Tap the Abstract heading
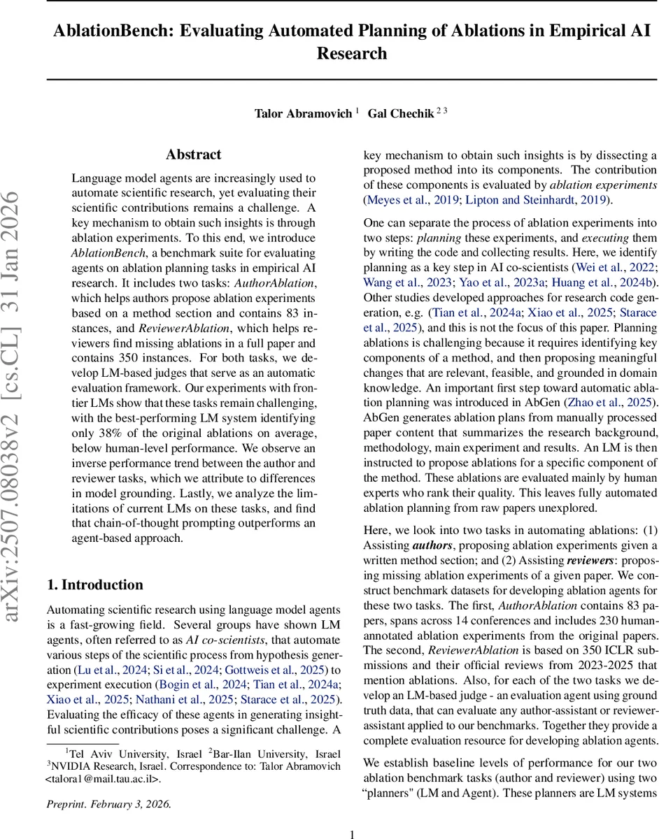[193, 155]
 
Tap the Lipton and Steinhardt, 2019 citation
[534, 200]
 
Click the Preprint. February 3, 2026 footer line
[108, 803]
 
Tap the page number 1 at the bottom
[353, 833]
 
